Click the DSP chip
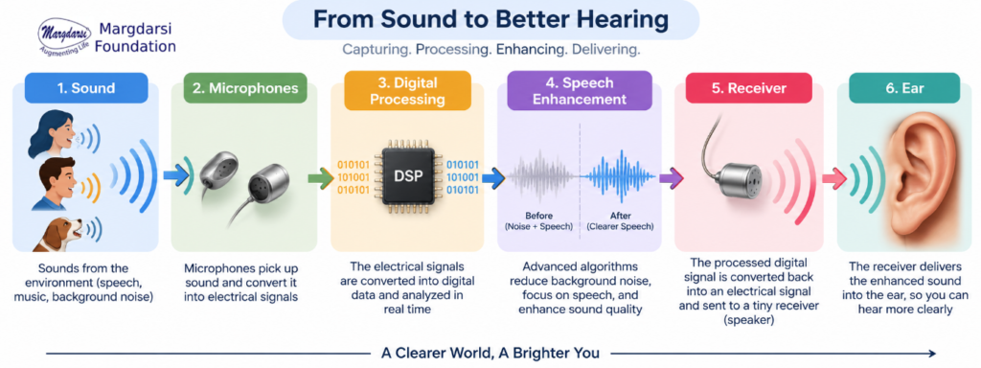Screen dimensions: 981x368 coord(407,177)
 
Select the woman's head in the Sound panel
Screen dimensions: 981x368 coord(54,132)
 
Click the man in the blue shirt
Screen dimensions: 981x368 coord(55,185)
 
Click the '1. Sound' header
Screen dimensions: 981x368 coord(86,88)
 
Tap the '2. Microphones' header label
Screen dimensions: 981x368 coord(244,88)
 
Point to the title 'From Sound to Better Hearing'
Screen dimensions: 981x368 coord(490,19)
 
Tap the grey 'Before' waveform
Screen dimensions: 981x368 coord(542,177)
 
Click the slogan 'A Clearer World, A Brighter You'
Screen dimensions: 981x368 coord(490,353)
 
